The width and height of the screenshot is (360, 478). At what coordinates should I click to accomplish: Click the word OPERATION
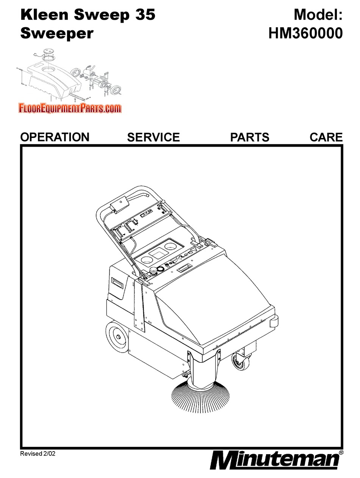pyautogui.click(x=55, y=137)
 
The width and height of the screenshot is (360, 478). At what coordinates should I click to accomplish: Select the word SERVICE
pyautogui.click(x=153, y=137)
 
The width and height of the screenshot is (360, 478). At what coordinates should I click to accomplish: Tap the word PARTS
pyautogui.click(x=250, y=137)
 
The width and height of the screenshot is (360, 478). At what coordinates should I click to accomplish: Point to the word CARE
pyautogui.click(x=326, y=137)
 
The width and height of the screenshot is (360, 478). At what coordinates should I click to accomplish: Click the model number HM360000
pyautogui.click(x=305, y=33)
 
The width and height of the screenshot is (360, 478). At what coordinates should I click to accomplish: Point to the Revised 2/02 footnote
pyautogui.click(x=39, y=453)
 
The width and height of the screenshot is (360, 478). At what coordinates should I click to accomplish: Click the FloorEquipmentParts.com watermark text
pyautogui.click(x=70, y=109)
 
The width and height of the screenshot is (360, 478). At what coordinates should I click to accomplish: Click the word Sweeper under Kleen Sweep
pyautogui.click(x=56, y=33)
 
